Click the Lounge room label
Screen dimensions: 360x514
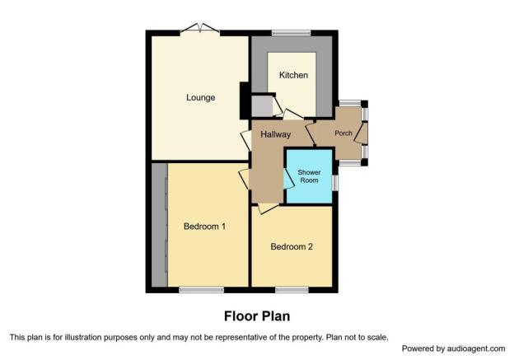200,98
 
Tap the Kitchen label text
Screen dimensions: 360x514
293,76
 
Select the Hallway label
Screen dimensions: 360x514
276,134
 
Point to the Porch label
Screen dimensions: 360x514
343,134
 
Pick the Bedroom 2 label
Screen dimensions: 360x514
292,246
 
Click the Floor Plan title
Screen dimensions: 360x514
257,316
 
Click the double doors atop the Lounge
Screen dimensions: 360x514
200,30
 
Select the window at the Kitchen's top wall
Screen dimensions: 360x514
290,33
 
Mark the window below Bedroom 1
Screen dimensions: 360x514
201,289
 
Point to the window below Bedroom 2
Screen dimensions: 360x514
292,289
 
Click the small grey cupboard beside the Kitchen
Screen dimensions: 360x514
262,107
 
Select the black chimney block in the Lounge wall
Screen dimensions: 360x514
245,101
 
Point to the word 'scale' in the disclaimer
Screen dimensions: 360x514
374,336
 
